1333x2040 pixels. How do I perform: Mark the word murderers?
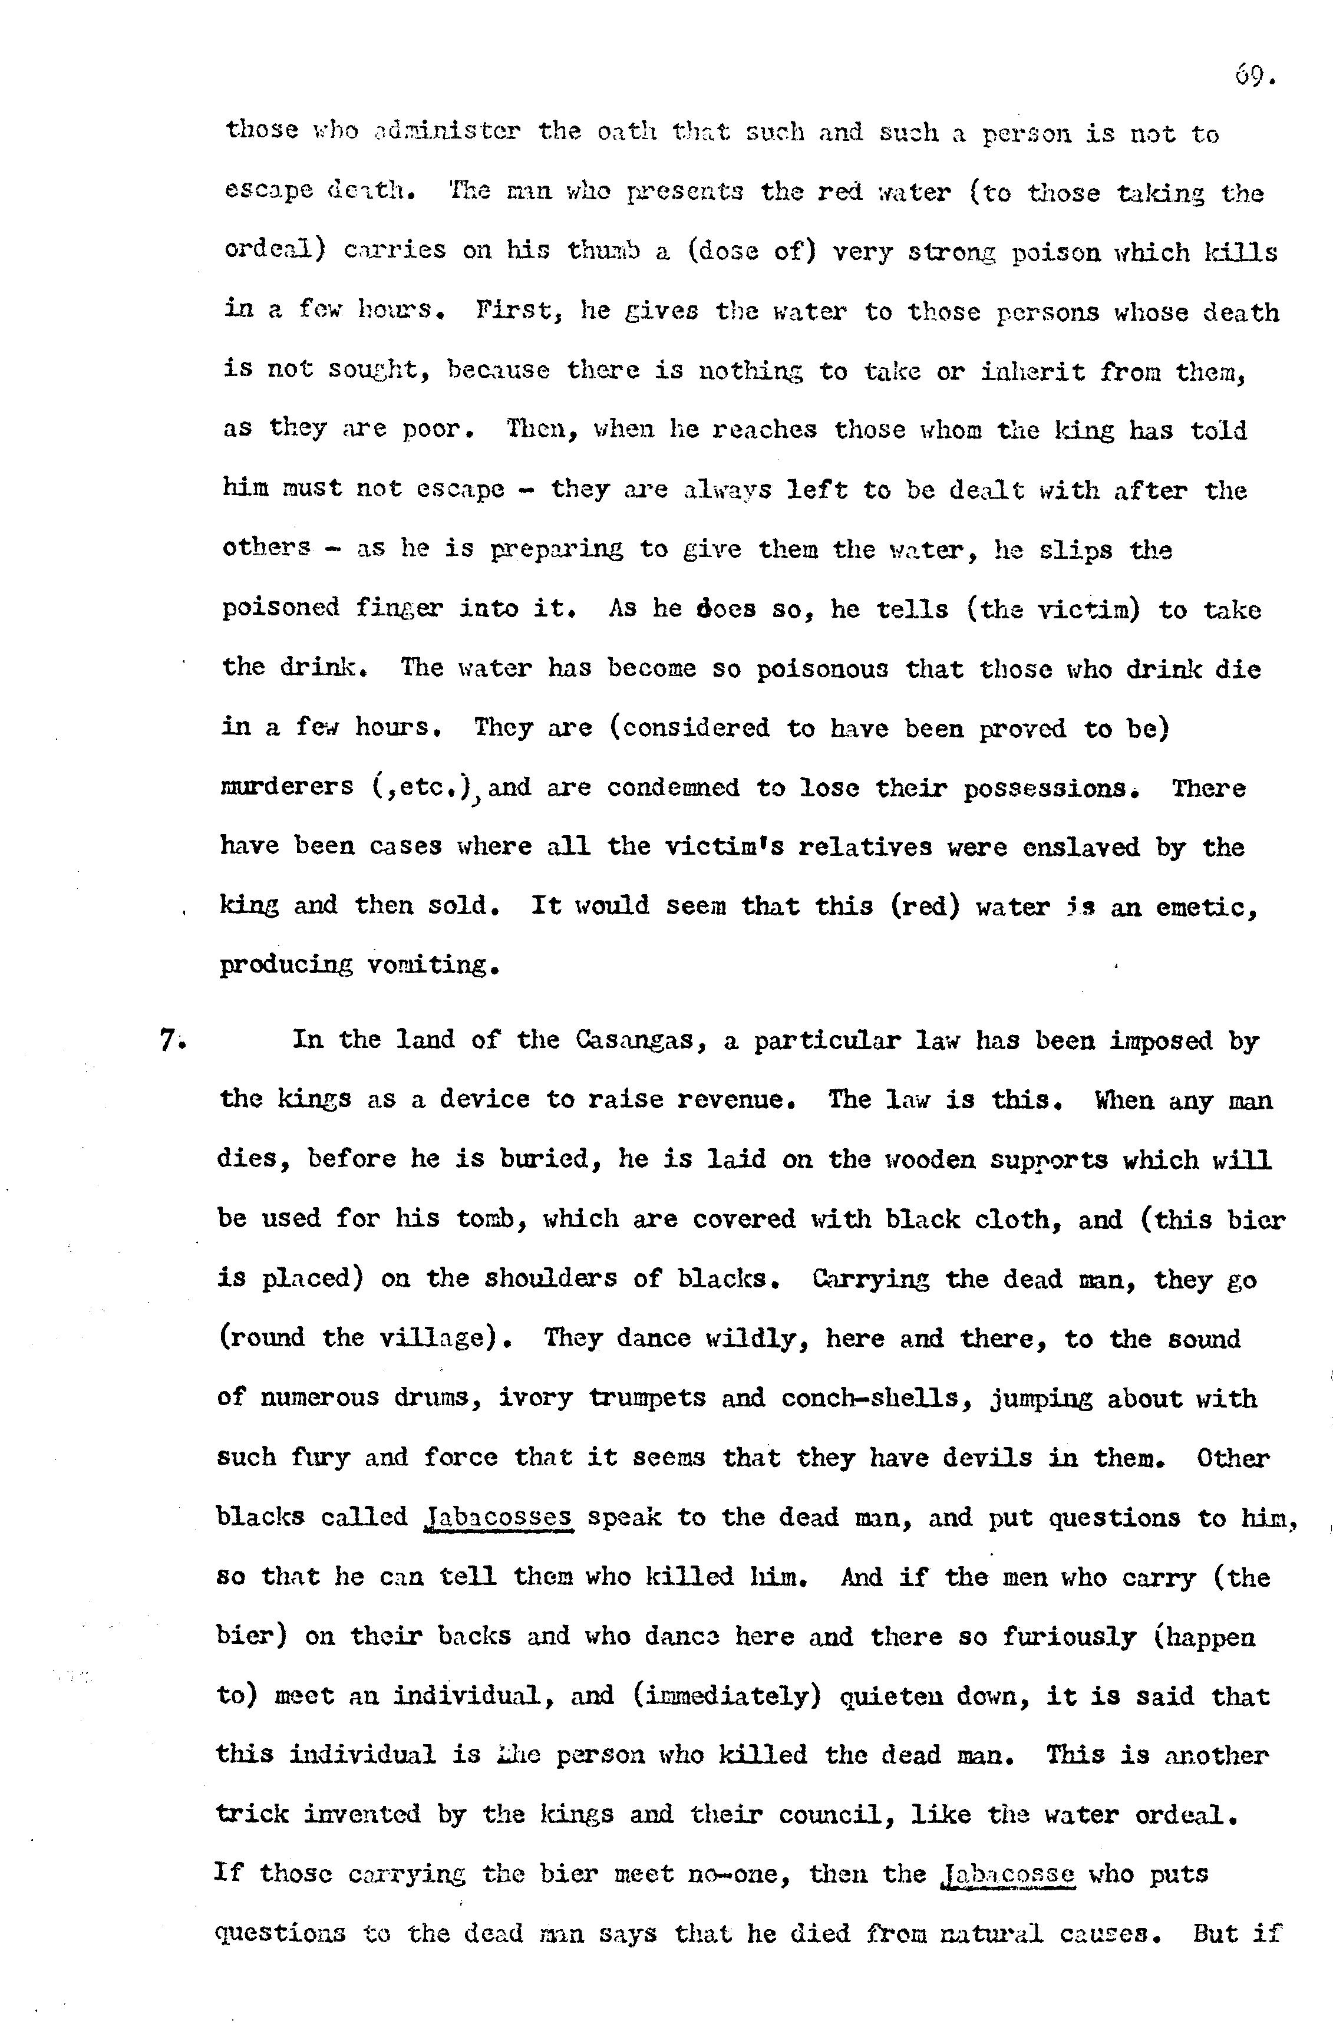coord(286,787)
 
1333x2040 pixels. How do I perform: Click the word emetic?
coord(1206,906)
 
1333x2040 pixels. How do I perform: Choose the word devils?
coord(986,1457)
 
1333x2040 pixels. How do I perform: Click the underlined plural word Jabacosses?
coord(498,1516)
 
